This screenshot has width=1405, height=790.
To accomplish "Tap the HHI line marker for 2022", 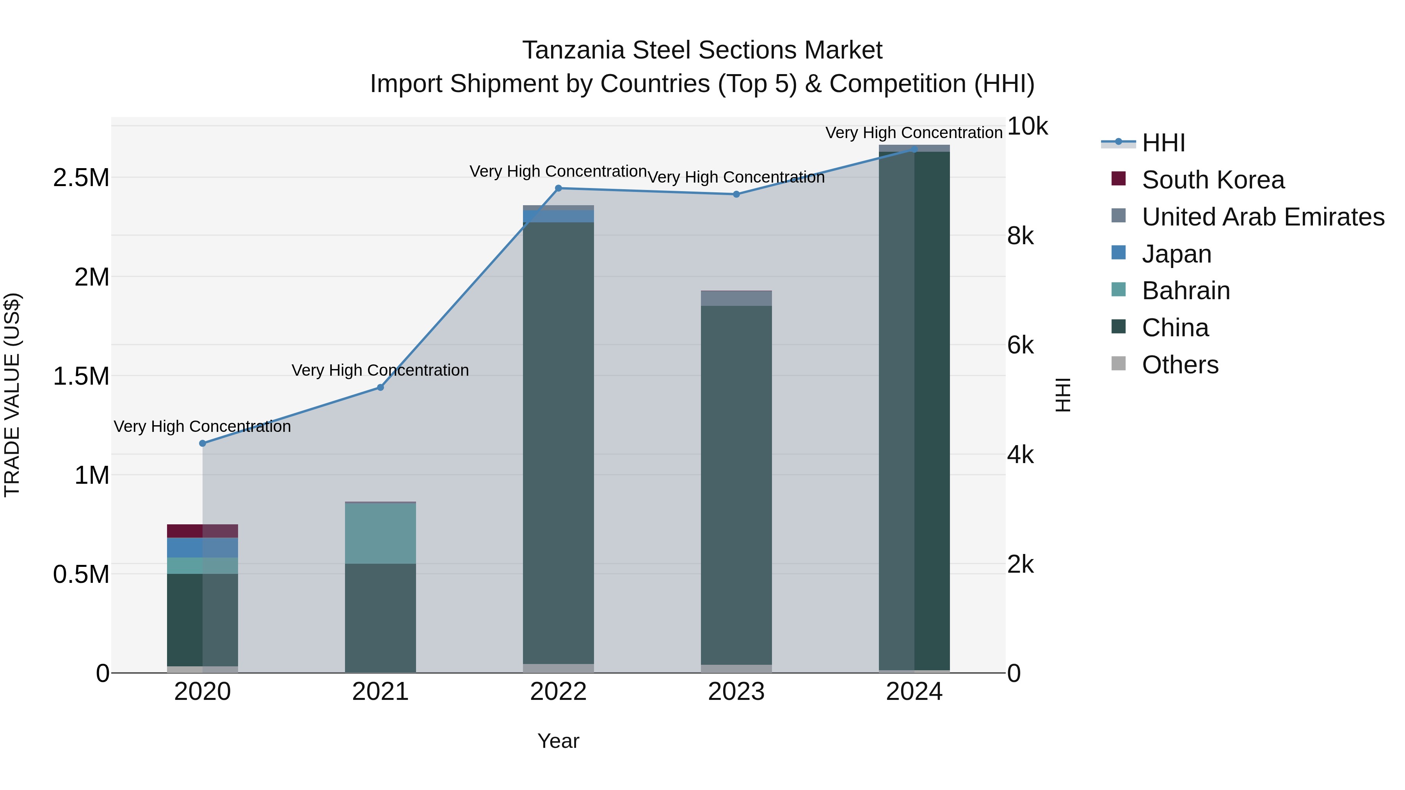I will click(x=558, y=188).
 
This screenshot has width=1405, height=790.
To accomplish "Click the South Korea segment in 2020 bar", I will click(x=202, y=531).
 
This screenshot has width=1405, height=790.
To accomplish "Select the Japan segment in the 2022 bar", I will click(x=558, y=216).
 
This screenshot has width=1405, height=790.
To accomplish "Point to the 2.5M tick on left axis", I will click(x=81, y=178).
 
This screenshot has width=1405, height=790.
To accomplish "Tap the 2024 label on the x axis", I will click(x=914, y=692).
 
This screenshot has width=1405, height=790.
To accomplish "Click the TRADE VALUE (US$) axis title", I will click(x=12, y=395).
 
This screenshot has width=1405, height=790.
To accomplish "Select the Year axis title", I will click(x=558, y=741).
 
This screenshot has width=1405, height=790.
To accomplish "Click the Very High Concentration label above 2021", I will click(x=380, y=370).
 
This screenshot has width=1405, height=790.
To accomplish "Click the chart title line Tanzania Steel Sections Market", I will click(x=702, y=50).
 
